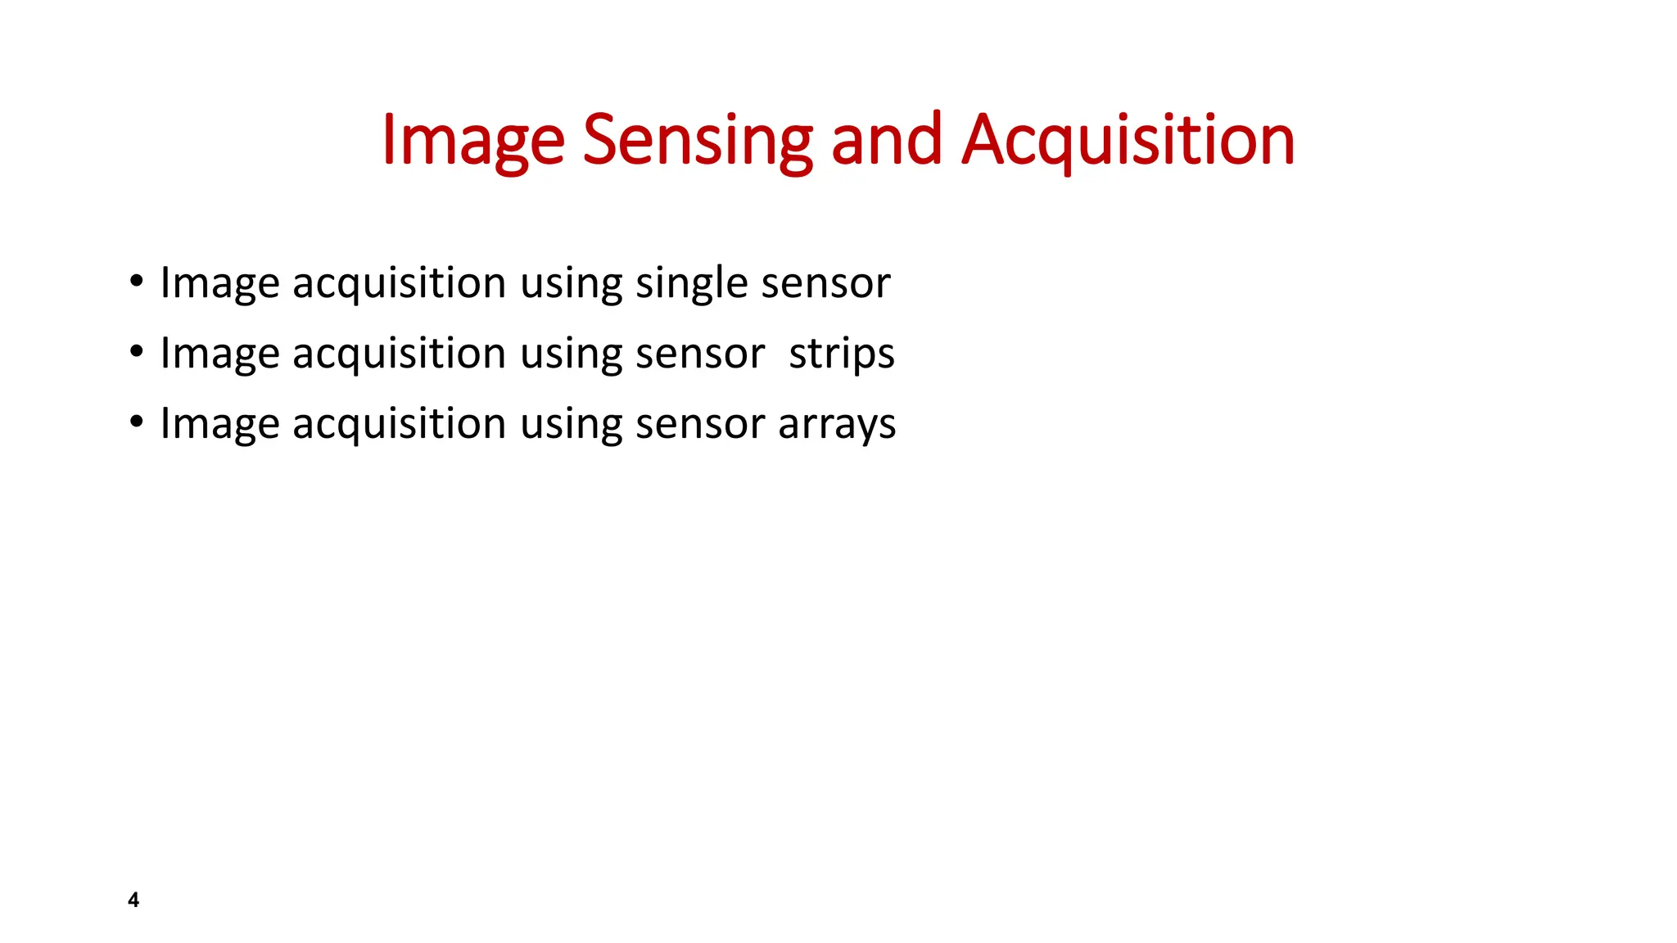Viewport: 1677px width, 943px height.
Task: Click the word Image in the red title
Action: (472, 141)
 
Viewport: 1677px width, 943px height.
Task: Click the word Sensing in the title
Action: (697, 141)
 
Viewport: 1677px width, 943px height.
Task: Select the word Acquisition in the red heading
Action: (1128, 141)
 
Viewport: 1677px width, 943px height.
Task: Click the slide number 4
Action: (133, 900)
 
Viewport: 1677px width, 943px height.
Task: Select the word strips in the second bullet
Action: (841, 354)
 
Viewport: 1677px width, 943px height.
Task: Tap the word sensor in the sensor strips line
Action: (700, 354)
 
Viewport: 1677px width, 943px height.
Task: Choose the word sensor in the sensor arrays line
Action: (700, 425)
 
